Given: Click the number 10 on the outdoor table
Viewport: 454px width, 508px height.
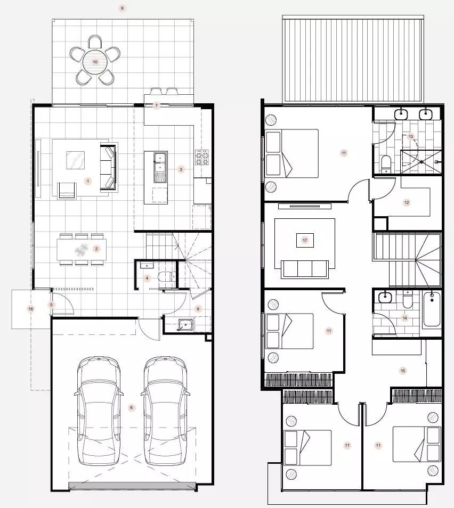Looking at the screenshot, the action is click(x=95, y=62).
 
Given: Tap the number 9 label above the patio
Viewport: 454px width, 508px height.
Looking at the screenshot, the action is click(x=122, y=8).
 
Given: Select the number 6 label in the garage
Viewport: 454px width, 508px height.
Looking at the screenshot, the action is click(x=131, y=407).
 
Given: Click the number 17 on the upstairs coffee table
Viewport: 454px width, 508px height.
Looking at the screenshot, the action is click(x=304, y=240).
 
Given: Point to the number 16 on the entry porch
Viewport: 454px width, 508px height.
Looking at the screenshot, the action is click(x=30, y=309).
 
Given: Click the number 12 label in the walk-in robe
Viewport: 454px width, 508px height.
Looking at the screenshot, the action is click(x=407, y=202).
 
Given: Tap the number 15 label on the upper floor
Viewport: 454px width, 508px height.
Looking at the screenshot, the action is click(x=403, y=371).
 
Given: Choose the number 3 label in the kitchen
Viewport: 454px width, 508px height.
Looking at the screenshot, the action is click(x=181, y=169).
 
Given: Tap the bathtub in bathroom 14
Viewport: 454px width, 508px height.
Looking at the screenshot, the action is click(x=432, y=309).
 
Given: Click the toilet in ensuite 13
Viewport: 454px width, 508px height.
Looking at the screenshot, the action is click(x=386, y=163).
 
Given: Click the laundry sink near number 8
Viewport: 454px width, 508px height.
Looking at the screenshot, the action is click(x=185, y=324).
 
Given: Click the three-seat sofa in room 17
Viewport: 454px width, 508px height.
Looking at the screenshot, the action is click(x=304, y=268).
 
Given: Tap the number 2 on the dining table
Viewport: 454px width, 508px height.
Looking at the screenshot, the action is click(x=96, y=249).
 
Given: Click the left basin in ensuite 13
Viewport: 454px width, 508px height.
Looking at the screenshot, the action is click(x=401, y=114).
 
